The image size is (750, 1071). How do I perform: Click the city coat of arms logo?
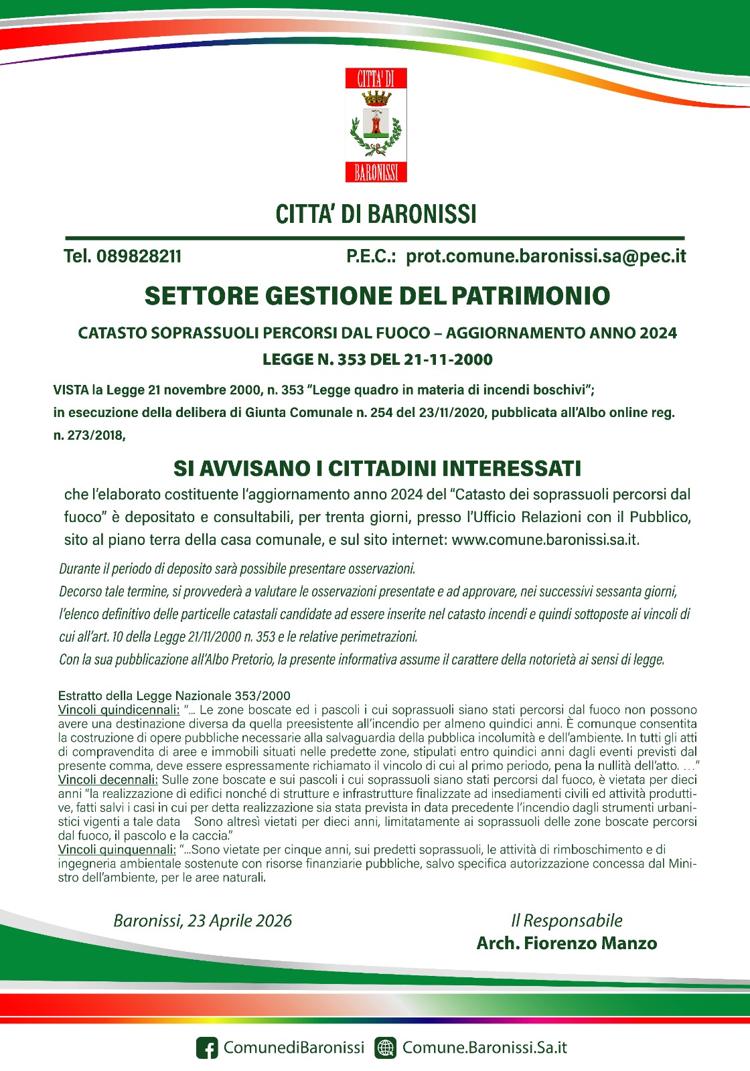pyautogui.click(x=376, y=125)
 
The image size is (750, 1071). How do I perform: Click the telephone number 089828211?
pyautogui.click(x=139, y=256)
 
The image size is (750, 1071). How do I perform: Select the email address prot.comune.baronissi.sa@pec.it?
pyautogui.click(x=546, y=256)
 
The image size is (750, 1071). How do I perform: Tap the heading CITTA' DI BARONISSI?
pyautogui.click(x=376, y=214)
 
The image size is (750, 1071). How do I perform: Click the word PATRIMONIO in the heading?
pyautogui.click(x=530, y=297)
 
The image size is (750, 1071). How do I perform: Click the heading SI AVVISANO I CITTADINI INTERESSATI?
pyautogui.click(x=377, y=468)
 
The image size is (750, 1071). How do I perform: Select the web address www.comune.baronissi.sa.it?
pyautogui.click(x=545, y=540)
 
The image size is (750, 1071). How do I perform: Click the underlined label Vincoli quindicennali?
pyautogui.click(x=119, y=710)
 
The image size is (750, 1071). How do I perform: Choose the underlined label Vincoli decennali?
pyautogui.click(x=108, y=780)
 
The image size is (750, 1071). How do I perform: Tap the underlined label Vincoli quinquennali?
pyautogui.click(x=117, y=849)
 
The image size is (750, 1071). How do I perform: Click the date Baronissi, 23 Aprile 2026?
pyautogui.click(x=203, y=921)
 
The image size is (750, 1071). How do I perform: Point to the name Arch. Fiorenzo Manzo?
pyautogui.click(x=567, y=944)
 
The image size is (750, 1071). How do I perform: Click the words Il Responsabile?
pyautogui.click(x=567, y=921)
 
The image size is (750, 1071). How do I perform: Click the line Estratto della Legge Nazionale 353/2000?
pyautogui.click(x=174, y=695)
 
